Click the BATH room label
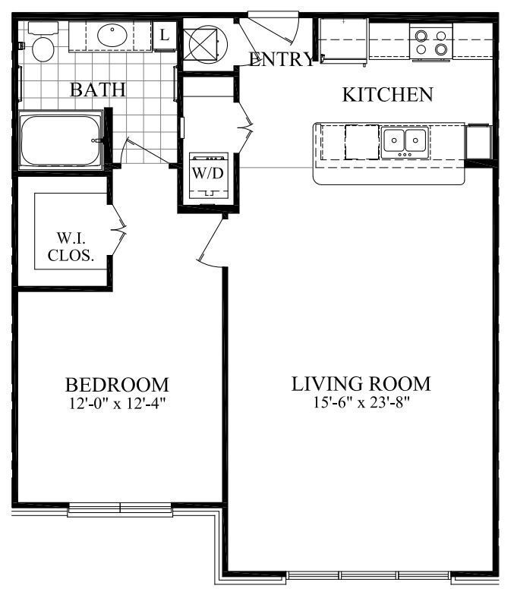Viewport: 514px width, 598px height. [x=97, y=90]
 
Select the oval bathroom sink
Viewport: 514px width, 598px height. [x=114, y=35]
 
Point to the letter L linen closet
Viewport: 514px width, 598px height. [x=163, y=34]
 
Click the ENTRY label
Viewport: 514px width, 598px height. [x=281, y=61]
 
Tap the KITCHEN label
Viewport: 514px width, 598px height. [x=388, y=95]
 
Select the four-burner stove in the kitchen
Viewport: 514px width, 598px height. [x=430, y=41]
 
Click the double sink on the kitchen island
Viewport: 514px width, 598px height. [x=404, y=140]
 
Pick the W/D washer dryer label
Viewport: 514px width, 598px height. [x=207, y=172]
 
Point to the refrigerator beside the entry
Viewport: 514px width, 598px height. [x=343, y=39]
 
